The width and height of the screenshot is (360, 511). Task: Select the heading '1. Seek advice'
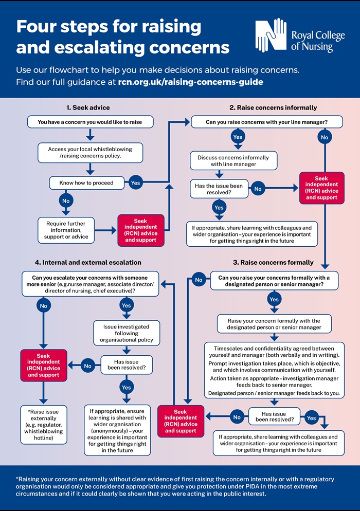[88, 108]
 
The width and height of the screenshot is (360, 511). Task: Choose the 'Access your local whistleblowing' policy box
[90, 153]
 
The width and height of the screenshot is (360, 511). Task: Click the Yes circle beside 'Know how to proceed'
[135, 182]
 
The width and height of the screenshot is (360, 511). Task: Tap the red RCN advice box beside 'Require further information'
[140, 230]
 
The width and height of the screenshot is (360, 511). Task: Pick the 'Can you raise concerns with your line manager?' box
[266, 122]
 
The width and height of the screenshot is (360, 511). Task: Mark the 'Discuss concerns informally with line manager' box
[233, 161]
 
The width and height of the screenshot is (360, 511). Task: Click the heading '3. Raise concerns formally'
[273, 262]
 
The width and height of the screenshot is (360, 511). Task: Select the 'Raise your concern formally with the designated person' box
[274, 324]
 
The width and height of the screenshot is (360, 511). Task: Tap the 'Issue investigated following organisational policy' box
[127, 333]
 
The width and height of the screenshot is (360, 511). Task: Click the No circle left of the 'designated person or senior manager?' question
[199, 280]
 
